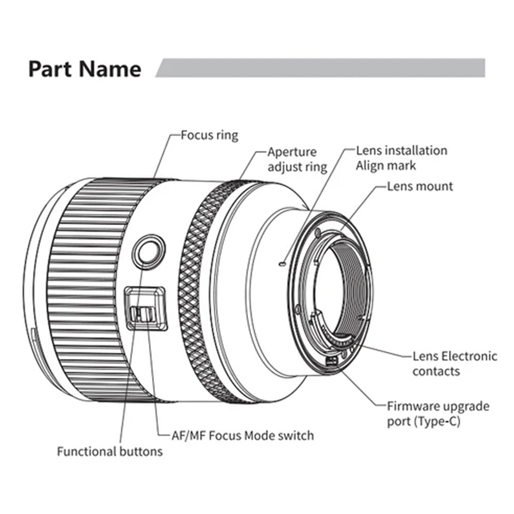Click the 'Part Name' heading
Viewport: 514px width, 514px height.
(x=84, y=69)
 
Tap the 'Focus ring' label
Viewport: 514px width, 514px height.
(x=209, y=135)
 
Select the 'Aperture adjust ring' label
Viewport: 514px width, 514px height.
(x=297, y=159)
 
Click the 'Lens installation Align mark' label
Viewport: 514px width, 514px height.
(x=401, y=158)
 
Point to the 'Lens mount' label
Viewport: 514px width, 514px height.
(x=420, y=186)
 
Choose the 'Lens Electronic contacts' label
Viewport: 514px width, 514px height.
(x=455, y=363)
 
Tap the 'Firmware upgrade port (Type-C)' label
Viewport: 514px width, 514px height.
(x=438, y=413)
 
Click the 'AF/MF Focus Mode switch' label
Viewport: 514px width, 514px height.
(x=242, y=435)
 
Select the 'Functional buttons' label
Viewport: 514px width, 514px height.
(x=109, y=451)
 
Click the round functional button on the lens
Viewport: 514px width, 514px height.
(x=148, y=250)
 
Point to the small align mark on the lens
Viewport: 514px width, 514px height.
(x=280, y=264)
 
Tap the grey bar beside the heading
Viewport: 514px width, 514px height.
(x=321, y=68)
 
